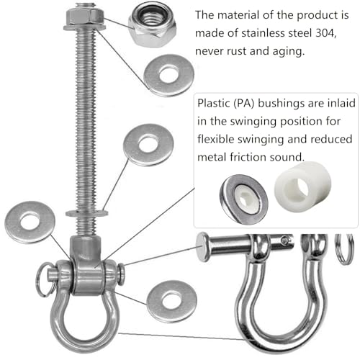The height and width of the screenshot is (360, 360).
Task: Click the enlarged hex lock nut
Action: pyautogui.click(x=153, y=24)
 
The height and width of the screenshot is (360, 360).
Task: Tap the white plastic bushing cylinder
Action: pyautogui.click(x=303, y=186)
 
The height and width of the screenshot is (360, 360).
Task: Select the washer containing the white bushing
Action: pyautogui.click(x=244, y=199)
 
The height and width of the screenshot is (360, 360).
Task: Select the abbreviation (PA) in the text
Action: pyautogui.click(x=244, y=104)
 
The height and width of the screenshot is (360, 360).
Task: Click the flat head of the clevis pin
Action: pyautogui.click(x=202, y=246)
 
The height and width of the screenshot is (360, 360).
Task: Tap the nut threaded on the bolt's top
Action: pyautogui.click(x=84, y=17)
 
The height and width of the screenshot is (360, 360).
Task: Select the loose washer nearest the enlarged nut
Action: pyautogui.click(x=168, y=75)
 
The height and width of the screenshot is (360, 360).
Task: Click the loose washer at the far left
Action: pyautogui.click(x=30, y=222)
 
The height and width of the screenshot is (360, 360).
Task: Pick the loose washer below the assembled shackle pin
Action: pyautogui.click(x=172, y=301)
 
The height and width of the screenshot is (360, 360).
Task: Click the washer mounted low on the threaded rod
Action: pyautogui.click(x=87, y=213)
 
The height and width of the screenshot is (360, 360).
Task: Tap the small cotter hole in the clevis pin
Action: pyautogui.click(x=285, y=240)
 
